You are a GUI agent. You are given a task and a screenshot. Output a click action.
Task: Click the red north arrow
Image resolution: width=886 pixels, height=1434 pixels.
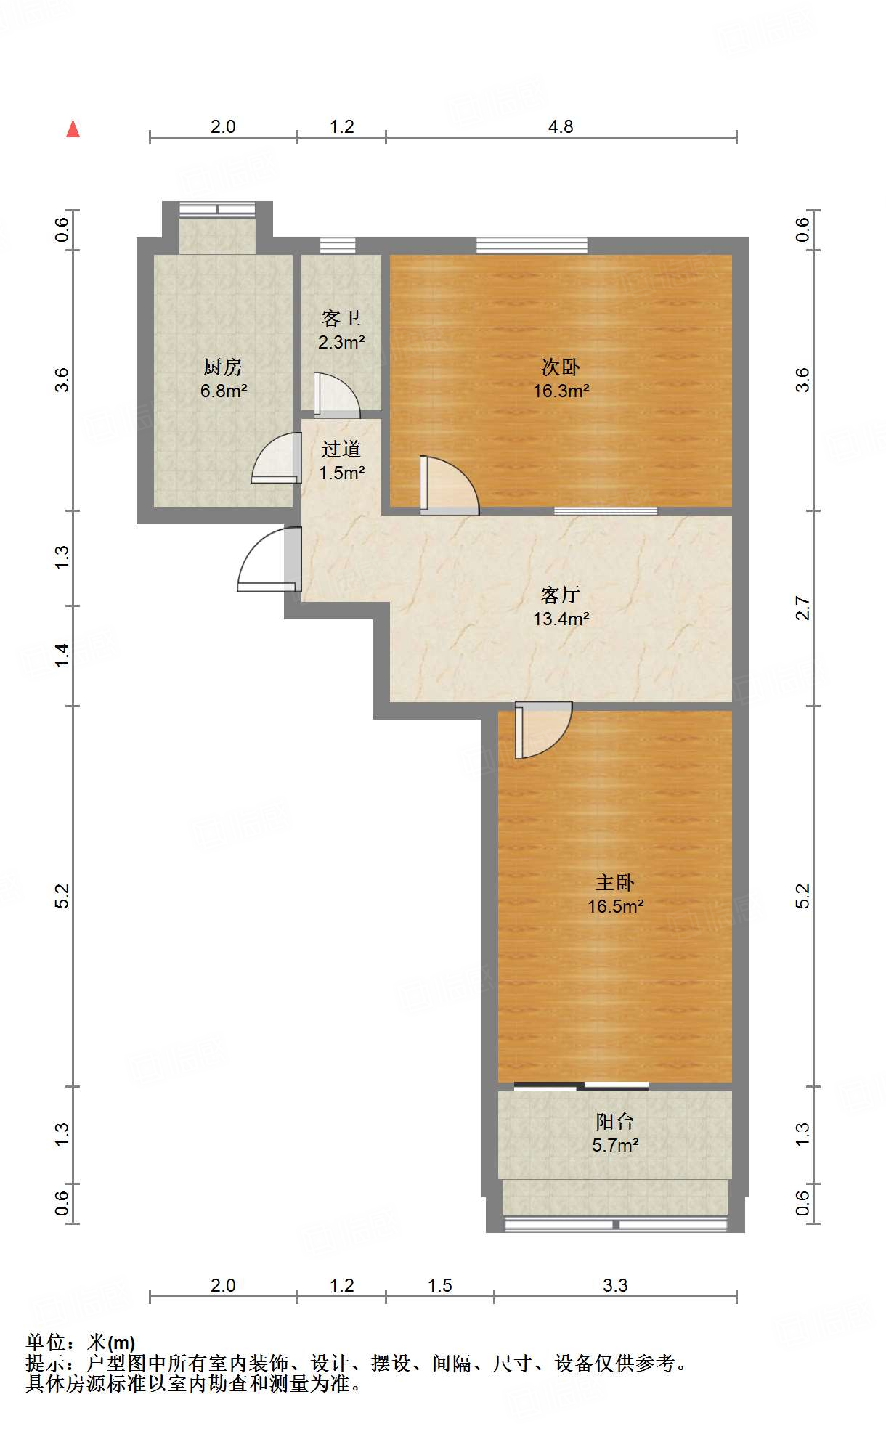(73, 129)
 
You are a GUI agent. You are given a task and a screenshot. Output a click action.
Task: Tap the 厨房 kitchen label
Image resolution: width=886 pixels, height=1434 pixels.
(223, 367)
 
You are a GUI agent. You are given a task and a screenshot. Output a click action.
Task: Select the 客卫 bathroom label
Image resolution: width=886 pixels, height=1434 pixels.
(341, 318)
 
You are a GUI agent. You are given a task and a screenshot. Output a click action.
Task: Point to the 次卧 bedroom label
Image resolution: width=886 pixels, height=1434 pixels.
(561, 367)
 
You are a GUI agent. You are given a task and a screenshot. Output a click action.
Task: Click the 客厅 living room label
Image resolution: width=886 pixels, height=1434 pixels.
(561, 595)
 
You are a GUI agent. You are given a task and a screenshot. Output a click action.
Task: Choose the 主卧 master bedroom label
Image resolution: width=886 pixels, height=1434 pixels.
(615, 882)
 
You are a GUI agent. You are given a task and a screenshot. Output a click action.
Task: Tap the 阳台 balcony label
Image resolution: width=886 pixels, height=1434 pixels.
(615, 1121)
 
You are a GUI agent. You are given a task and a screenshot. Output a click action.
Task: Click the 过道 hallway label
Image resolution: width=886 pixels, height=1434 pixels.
(341, 449)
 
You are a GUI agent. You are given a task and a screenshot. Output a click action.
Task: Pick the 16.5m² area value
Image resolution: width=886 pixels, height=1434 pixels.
(616, 906)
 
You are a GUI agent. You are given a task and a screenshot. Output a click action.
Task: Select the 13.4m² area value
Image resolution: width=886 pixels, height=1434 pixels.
(561, 619)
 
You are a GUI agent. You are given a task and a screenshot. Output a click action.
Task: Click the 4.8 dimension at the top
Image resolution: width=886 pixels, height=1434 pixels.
(561, 126)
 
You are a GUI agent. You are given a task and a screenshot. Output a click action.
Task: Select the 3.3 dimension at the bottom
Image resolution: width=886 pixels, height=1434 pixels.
(615, 1285)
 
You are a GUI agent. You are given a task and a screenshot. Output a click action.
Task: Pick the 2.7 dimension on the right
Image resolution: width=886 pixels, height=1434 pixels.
(802, 608)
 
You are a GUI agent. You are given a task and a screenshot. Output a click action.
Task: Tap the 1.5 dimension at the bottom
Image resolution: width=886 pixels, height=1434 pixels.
(439, 1285)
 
